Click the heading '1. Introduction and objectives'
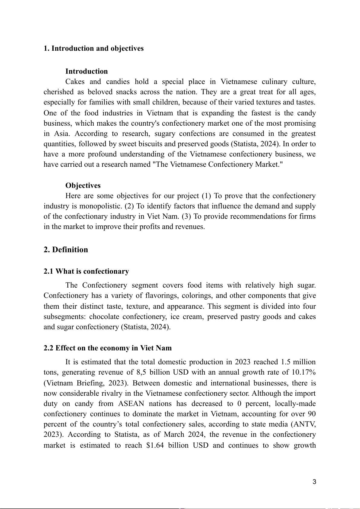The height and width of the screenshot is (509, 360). pos(93,48)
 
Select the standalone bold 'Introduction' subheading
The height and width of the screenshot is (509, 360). pos(86,71)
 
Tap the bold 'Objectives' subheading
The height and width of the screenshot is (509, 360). pos(83,185)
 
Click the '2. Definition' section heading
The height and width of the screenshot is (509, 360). pos(66,250)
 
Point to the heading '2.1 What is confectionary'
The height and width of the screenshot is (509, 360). pos(86,271)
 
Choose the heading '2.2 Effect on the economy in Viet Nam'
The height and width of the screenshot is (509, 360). pos(107,348)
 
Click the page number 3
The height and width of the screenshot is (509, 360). pos(314,482)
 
